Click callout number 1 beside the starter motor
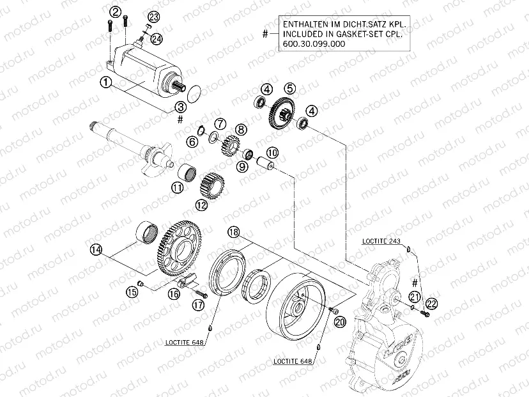coord(106,82)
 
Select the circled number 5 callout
coord(289,88)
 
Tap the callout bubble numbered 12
coord(203,205)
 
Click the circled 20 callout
coord(339,322)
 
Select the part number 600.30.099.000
coord(312,45)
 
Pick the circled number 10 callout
coord(272,152)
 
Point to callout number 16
coord(173,293)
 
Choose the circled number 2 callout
coord(115,12)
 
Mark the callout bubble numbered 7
coord(219,123)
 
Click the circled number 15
coord(132,292)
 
